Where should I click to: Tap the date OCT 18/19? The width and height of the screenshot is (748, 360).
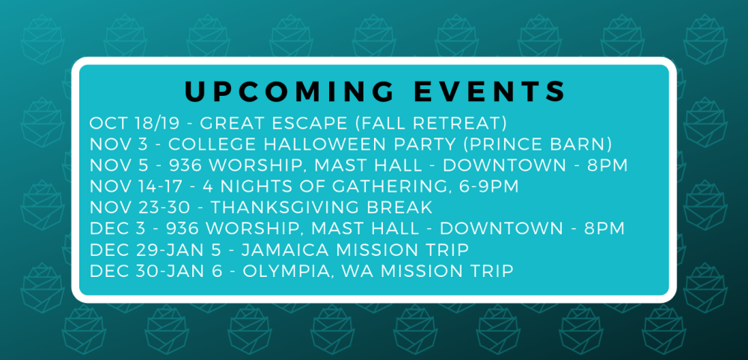135,123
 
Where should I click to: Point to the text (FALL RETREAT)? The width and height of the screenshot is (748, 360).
432,123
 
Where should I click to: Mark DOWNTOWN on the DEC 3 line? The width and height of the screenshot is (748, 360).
501,228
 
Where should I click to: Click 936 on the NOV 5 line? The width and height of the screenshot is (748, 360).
185,165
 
